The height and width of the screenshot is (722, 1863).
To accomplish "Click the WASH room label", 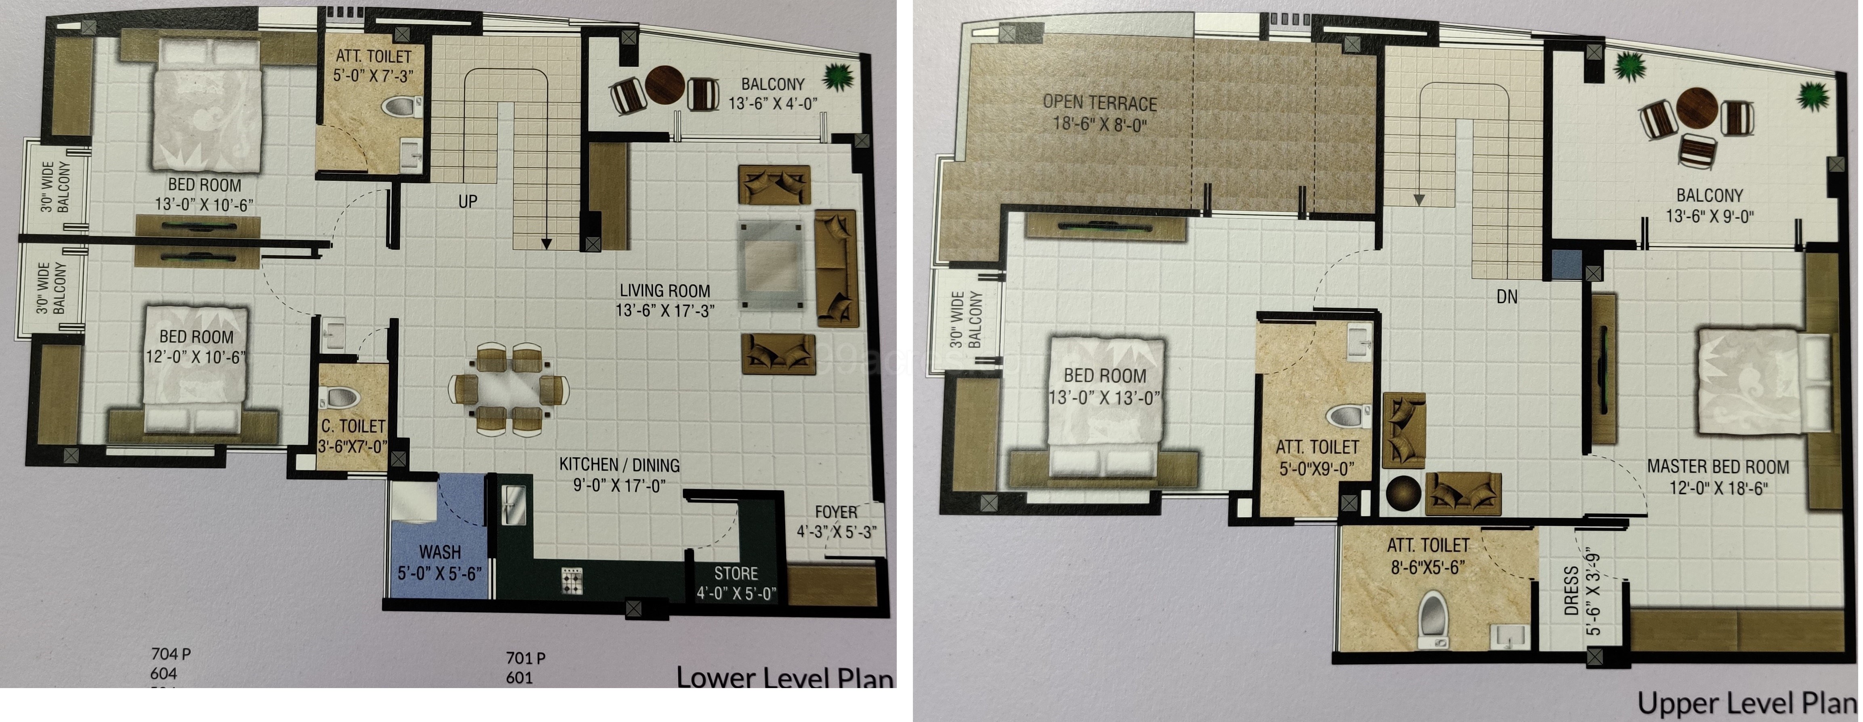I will tap(440, 552).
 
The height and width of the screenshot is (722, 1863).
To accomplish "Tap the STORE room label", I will tap(736, 574).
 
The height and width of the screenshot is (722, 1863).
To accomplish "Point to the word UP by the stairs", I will tap(468, 201).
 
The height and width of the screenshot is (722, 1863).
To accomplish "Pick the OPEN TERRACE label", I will tap(1099, 103).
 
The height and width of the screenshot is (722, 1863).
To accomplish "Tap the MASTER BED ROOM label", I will tap(1718, 467).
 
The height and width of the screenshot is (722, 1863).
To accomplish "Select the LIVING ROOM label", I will tap(664, 290).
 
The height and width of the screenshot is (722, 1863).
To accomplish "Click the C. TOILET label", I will tap(353, 426).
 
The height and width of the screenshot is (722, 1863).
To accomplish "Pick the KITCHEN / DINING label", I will tap(619, 465).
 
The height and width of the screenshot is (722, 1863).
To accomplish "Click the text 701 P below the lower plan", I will tap(525, 658).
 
